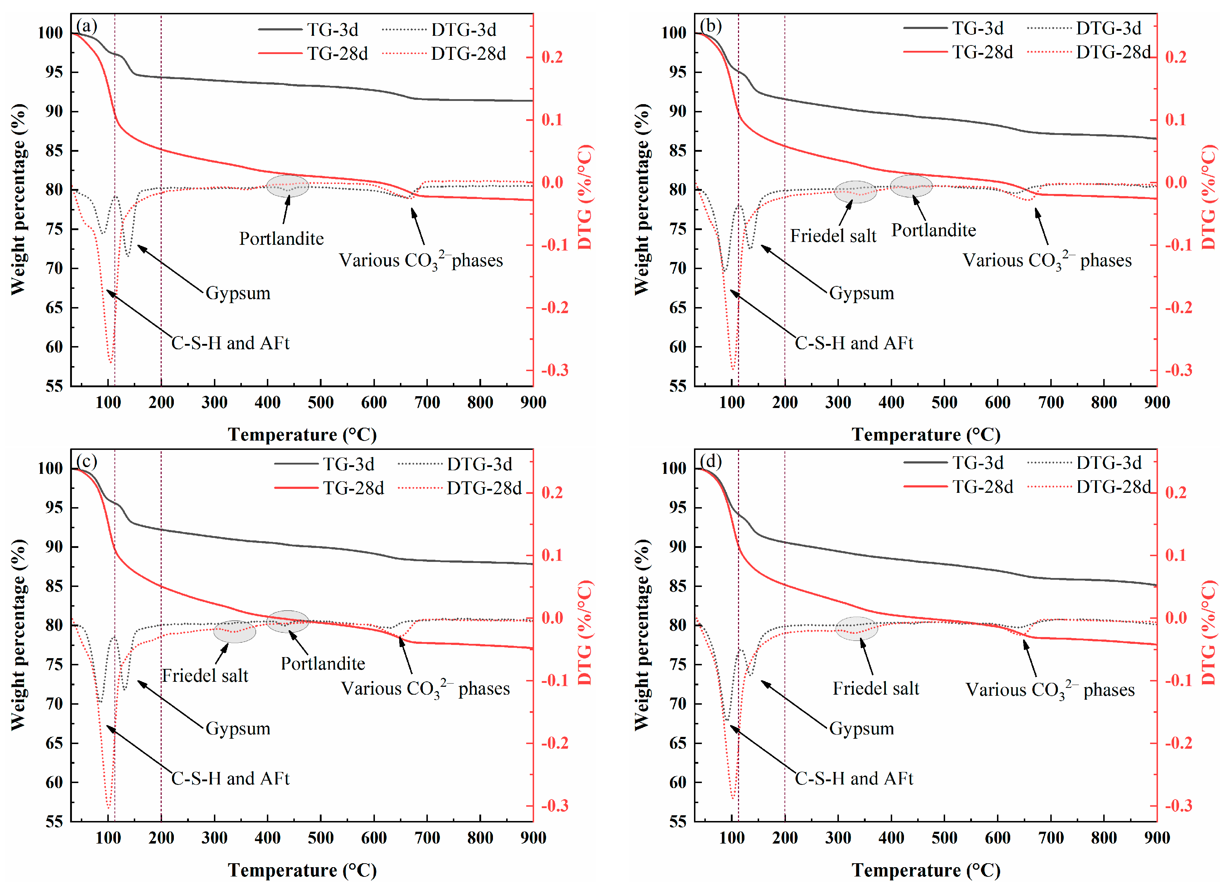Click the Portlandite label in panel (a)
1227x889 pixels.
[x=281, y=239]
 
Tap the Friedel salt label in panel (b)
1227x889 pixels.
[x=833, y=236]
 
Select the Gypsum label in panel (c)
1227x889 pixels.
[x=238, y=729]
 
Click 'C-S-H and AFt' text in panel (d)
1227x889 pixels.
[x=854, y=778]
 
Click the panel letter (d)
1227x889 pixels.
[x=710, y=461]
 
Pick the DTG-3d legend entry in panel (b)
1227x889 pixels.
[x=1084, y=28]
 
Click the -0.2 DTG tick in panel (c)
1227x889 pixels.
[x=555, y=743]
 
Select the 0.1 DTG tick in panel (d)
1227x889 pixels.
[x=1175, y=555]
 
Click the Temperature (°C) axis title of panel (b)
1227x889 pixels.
[x=926, y=435]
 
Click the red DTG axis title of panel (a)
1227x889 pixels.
[x=585, y=197]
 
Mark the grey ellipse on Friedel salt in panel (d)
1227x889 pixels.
[x=856, y=628]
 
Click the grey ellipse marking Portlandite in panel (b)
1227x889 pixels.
[x=911, y=186]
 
